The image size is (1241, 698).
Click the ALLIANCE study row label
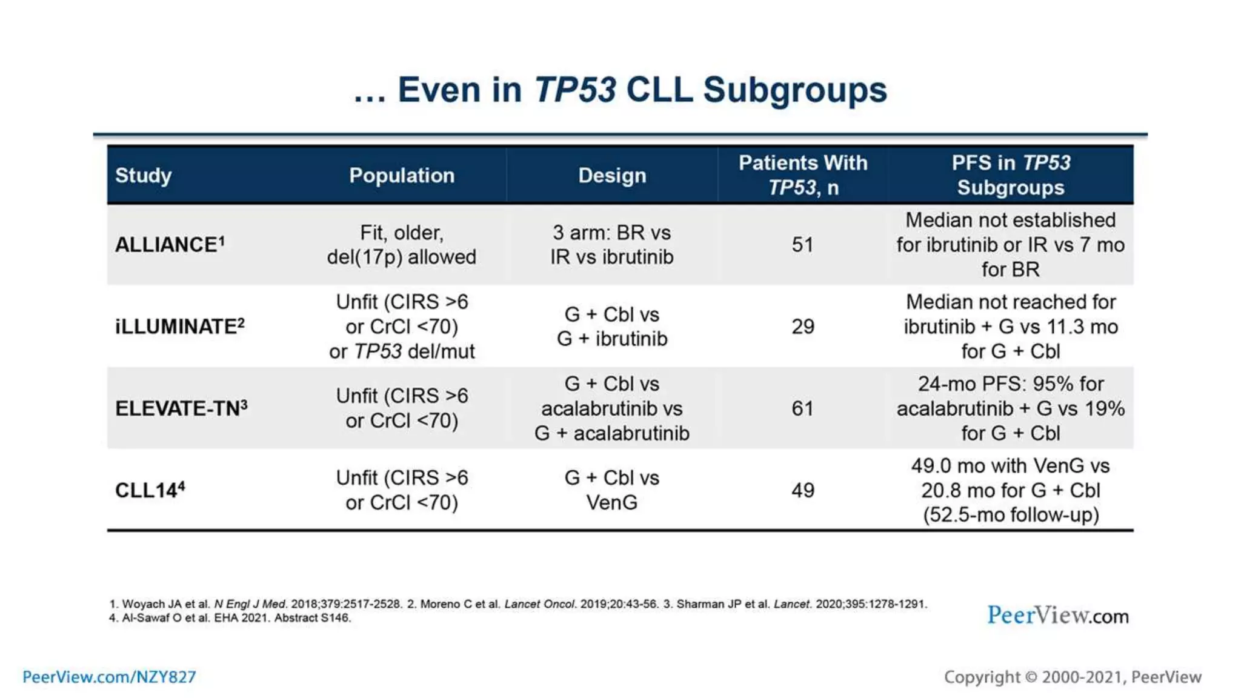tap(169, 245)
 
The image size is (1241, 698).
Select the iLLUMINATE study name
tap(179, 327)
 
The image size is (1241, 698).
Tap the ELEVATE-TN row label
tap(181, 408)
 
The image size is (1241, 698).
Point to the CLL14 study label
tap(150, 490)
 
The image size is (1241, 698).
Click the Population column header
tap(401, 175)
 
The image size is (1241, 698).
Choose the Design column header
tap(611, 175)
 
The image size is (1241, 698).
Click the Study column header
tap(143, 175)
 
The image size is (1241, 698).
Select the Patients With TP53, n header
tap(802, 175)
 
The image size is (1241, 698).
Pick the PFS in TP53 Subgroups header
tap(1010, 175)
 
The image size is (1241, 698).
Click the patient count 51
tap(802, 245)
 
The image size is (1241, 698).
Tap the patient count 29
tap(802, 327)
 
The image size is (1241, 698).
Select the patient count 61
tap(802, 408)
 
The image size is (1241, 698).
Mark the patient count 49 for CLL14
tap(802, 490)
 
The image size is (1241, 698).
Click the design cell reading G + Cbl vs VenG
tap(611, 490)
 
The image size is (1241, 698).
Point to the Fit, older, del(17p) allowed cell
tap(401, 245)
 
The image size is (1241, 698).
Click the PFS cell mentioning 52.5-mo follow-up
tap(1010, 490)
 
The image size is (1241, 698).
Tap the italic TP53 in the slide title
tap(575, 90)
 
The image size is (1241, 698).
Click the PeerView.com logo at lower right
tap(1057, 616)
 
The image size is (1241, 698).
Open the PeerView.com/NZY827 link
tap(109, 677)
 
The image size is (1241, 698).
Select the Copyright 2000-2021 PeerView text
tap(1072, 677)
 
